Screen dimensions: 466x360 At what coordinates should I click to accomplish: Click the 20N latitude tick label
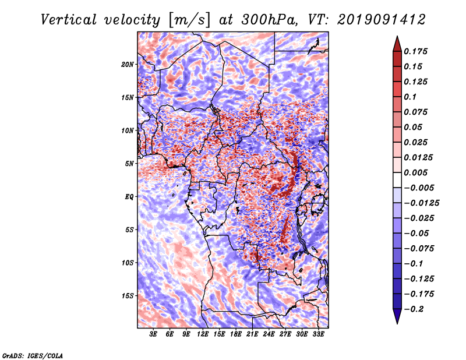(128, 64)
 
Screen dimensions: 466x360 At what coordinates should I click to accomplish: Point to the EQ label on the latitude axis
(129, 197)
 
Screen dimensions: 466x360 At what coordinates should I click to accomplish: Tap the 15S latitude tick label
(128, 296)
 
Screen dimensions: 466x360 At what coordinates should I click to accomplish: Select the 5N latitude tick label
(129, 164)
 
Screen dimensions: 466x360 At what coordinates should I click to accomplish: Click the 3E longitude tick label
(153, 334)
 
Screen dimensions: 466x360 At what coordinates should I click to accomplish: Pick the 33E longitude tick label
(318, 334)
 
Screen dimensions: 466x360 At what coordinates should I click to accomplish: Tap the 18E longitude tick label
(236, 334)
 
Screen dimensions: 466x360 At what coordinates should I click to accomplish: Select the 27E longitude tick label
(285, 334)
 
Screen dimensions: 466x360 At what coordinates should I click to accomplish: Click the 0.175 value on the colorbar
(415, 51)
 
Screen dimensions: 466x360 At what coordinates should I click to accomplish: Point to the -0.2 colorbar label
(414, 309)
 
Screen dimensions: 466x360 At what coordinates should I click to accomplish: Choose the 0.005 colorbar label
(415, 172)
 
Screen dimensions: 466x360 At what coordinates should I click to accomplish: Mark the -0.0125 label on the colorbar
(421, 203)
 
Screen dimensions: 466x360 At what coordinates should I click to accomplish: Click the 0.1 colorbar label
(410, 97)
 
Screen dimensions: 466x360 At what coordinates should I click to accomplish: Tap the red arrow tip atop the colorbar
(397, 36)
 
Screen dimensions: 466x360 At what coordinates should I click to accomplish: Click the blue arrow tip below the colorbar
(397, 323)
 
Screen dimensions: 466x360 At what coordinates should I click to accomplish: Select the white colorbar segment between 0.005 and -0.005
(397, 180)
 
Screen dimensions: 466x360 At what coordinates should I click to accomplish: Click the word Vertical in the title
(69, 20)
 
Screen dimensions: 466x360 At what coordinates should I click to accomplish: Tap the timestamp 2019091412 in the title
(382, 20)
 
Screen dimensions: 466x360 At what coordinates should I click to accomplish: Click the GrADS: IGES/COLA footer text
(33, 355)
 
